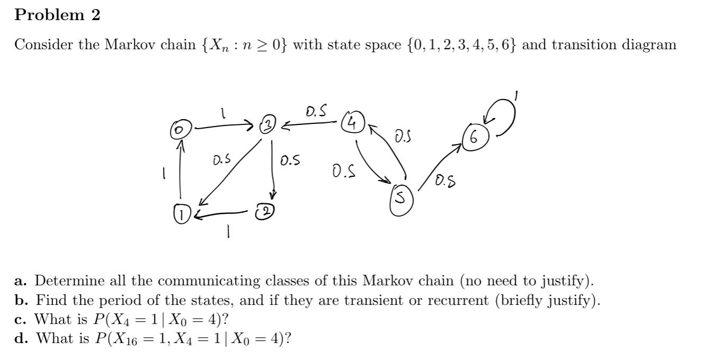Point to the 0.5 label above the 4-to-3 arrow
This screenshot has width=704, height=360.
point(316,112)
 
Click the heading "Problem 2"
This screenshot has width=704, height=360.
point(57,15)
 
